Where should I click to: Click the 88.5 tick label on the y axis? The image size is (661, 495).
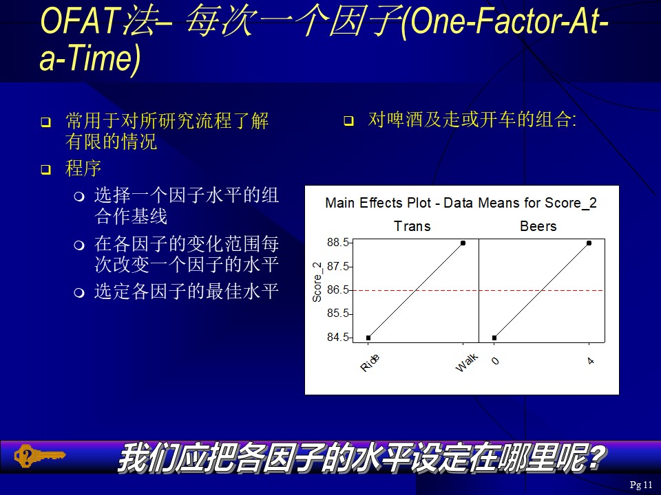click(x=337, y=243)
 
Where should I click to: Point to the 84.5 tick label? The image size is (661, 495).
click(x=337, y=337)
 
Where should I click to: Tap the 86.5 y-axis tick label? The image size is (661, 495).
click(x=337, y=289)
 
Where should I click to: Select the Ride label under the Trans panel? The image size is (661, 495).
click(x=370, y=363)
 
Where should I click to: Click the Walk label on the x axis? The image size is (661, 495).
click(x=467, y=362)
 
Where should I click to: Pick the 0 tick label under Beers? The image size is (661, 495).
click(x=495, y=361)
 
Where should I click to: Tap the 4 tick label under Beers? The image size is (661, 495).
click(x=591, y=361)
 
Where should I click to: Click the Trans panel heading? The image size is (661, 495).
click(x=412, y=226)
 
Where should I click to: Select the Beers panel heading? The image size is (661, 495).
click(x=538, y=226)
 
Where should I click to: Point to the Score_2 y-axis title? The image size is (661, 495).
click(x=317, y=282)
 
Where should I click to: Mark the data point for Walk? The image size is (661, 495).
click(x=463, y=243)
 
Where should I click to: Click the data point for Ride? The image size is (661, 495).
click(x=368, y=338)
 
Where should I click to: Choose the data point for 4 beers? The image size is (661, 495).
click(x=589, y=243)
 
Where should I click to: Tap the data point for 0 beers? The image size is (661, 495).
click(x=494, y=338)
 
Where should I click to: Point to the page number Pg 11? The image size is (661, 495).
click(x=641, y=485)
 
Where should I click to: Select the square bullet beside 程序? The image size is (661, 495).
click(x=45, y=170)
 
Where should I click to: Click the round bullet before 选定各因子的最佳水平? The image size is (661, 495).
click(x=79, y=292)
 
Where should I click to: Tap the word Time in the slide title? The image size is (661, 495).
click(x=103, y=58)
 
